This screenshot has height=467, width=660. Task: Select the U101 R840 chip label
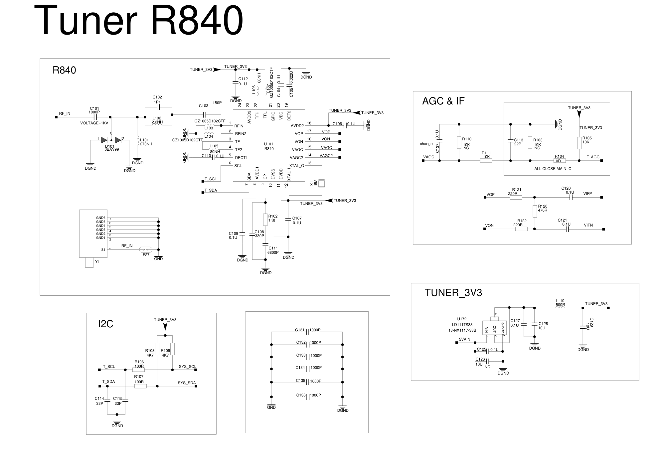pyautogui.click(x=269, y=146)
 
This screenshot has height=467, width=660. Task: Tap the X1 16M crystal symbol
pyautogui.click(x=321, y=184)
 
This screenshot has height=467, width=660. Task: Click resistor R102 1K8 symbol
pyautogui.click(x=265, y=219)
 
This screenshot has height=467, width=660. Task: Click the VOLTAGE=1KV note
pyautogui.click(x=94, y=123)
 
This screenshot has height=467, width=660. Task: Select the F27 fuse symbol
pyautogui.click(x=146, y=249)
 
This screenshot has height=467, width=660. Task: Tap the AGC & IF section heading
pyautogui.click(x=443, y=101)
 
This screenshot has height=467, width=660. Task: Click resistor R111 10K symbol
pyautogui.click(x=486, y=161)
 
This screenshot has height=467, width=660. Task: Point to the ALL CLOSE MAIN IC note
pyautogui.click(x=553, y=169)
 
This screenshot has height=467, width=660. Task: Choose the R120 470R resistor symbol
pyautogui.click(x=535, y=211)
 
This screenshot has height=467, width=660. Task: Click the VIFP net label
pyautogui.click(x=587, y=194)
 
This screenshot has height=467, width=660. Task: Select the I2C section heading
pyautogui.click(x=106, y=324)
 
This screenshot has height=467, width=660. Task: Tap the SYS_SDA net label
pyautogui.click(x=187, y=383)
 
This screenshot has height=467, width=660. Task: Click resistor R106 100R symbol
pyautogui.click(x=138, y=370)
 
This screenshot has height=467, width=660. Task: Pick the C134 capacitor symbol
pyautogui.click(x=307, y=369)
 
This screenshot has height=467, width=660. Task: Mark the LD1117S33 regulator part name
pyautogui.click(x=462, y=325)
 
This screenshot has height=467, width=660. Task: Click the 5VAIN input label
pyautogui.click(x=464, y=339)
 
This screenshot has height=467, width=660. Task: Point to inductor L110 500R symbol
pyautogui.click(x=560, y=308)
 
